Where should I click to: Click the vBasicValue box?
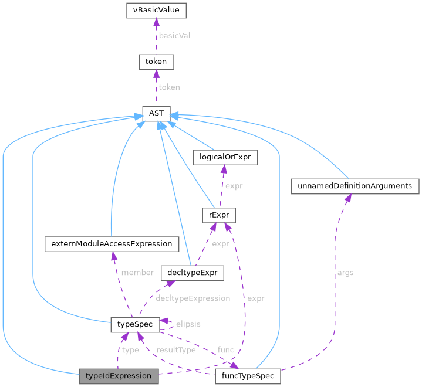pyautogui.click(x=156, y=10)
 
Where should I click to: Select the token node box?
pyautogui.click(x=156, y=62)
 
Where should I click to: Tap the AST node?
pyautogui.click(x=156, y=112)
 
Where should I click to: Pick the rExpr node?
pyautogui.click(x=218, y=215)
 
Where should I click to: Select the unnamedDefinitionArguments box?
pyautogui.click(x=356, y=186)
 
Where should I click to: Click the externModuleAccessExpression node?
pyautogui.click(x=111, y=243)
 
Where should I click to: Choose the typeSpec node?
pyautogui.click(x=135, y=324)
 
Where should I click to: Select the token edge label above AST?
pyautogui.click(x=170, y=87)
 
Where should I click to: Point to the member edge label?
pyautogui.click(x=137, y=273)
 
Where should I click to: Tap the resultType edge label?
pyautogui.click(x=175, y=350)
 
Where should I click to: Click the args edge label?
pyautogui.click(x=345, y=273)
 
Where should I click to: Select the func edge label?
pyautogui.click(x=225, y=350)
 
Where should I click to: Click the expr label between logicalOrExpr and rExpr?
pyautogui.click(x=234, y=186)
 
